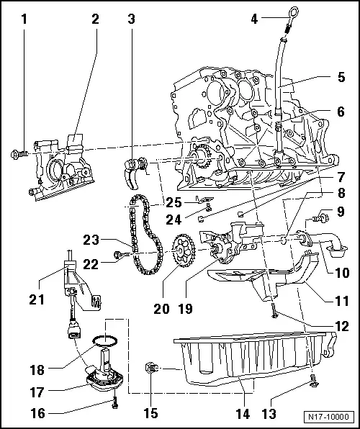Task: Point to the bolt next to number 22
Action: (x=120, y=253)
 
